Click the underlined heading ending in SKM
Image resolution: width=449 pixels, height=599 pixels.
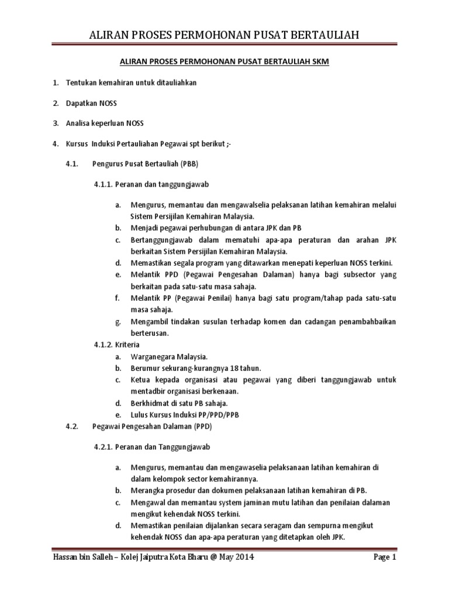click(224, 61)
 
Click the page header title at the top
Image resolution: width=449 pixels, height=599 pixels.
click(224, 37)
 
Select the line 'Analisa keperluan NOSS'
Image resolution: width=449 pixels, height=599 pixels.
click(106, 123)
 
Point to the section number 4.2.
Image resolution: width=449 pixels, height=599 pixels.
click(71, 426)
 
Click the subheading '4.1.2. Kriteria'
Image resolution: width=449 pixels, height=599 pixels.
click(117, 345)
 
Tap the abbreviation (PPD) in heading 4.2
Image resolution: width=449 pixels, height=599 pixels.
click(201, 426)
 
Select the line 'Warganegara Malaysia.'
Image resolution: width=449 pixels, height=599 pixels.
click(169, 356)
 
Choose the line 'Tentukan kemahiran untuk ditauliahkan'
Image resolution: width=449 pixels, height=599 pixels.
click(131, 83)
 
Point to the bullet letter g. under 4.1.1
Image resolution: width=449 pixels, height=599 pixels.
click(118, 321)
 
